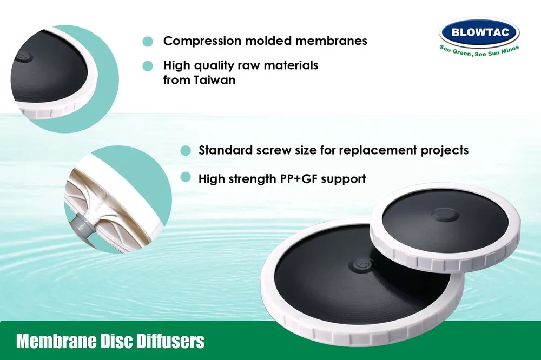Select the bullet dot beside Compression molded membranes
click(147, 41)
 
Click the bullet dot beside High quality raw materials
click(147, 66)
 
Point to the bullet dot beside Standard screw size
click(186, 150)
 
